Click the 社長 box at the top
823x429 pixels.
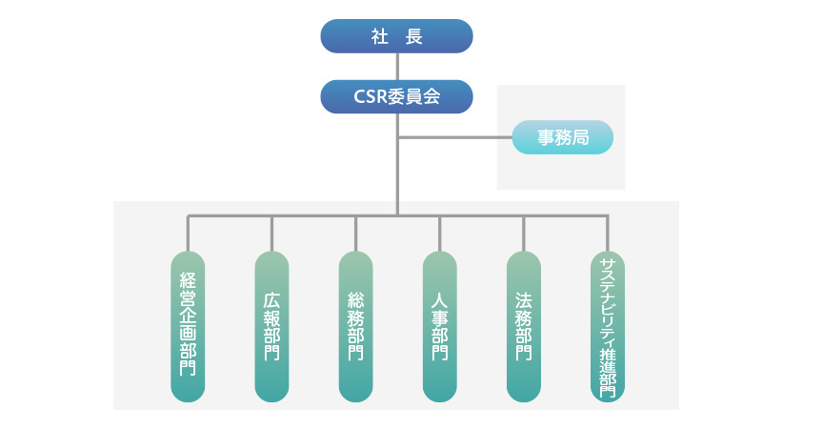coord(396,36)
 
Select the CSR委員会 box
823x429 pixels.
coord(396,96)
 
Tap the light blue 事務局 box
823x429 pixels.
coord(562,137)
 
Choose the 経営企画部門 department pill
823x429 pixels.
coord(188,326)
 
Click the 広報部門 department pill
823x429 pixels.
coord(271,326)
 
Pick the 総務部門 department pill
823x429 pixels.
coord(355,326)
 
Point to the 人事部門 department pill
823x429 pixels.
coord(439,326)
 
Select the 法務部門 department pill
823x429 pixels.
coord(523,326)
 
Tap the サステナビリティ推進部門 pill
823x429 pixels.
coord(607,326)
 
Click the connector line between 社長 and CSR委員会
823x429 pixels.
coord(396,67)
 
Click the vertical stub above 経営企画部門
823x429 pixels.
coord(188,234)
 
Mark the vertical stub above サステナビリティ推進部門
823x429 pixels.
coord(607,234)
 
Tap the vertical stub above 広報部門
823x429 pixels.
coord(271,234)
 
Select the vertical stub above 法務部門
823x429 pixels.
coord(523,234)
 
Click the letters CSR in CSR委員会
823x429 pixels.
coord(369,96)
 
